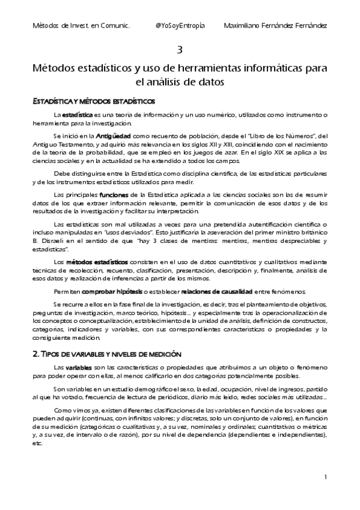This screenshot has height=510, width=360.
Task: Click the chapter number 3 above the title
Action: point(180,49)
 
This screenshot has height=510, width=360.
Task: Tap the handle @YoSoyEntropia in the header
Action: point(179,26)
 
